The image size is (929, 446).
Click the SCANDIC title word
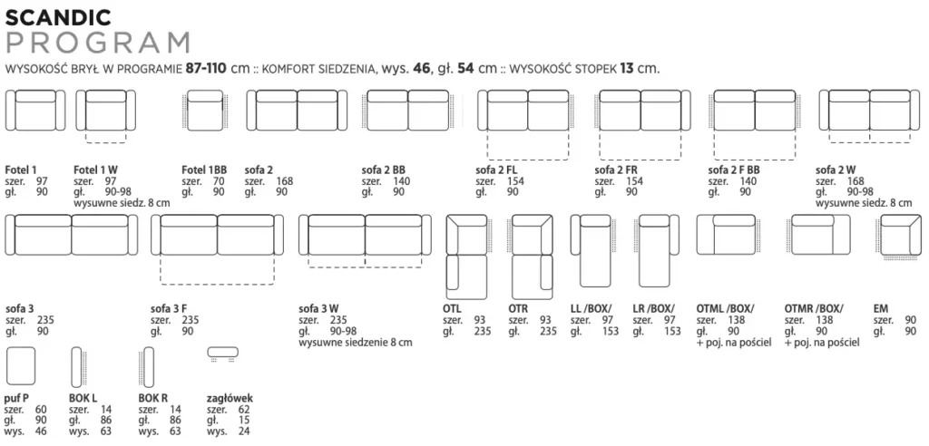pos(58,18)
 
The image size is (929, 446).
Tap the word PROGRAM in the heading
pos(98,44)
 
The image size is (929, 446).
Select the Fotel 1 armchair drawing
pos(35,111)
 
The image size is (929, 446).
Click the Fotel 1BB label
pos(204,170)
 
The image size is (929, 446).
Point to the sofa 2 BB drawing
pos(409,111)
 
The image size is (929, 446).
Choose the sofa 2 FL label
pos(496,170)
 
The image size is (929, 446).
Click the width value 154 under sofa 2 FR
pos(634,181)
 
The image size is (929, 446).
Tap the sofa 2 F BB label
pos(733,170)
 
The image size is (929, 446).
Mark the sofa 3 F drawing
pos(217,249)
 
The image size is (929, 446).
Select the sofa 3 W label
pos(318,308)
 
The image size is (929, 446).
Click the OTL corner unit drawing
pos(465,257)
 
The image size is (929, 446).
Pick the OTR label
pos(518,308)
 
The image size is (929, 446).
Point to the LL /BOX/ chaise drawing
pos(592,257)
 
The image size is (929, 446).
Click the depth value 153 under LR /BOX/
pos(672,331)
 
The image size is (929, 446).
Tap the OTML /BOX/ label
pos(725,308)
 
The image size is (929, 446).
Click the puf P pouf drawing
pos(20,367)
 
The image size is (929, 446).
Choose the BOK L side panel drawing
pos(77,367)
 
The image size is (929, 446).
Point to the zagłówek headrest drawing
pos(223,353)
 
